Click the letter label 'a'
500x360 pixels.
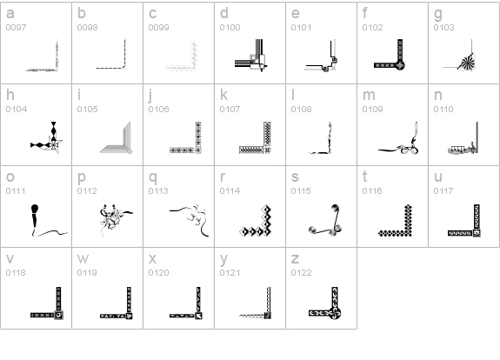pos(10,14)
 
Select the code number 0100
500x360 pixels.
pos(230,28)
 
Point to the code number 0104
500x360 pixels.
pos(17,109)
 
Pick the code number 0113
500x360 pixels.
pos(158,190)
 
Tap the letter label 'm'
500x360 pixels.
pos(369,95)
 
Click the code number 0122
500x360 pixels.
pos(302,273)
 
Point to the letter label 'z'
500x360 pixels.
pos(295,259)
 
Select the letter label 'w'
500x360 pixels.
pos(83,259)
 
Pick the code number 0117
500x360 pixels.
pos(443,190)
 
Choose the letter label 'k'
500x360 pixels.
pos(223,95)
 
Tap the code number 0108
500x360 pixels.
pos(302,109)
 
